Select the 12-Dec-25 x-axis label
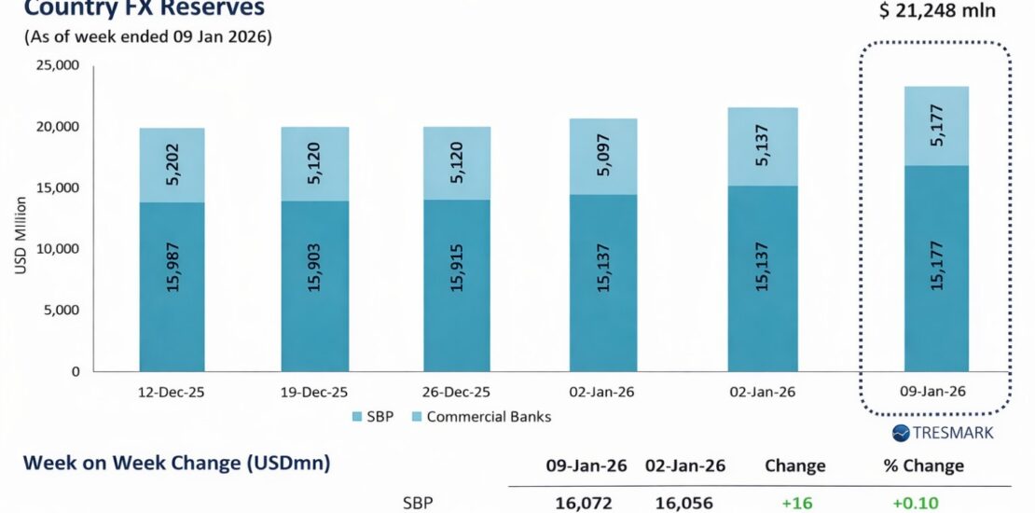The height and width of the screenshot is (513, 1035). [x=172, y=392]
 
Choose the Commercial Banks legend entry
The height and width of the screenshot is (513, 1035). [x=488, y=416]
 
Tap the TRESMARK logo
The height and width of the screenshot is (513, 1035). [x=943, y=433]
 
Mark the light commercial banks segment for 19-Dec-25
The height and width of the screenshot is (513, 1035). [x=316, y=164]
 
